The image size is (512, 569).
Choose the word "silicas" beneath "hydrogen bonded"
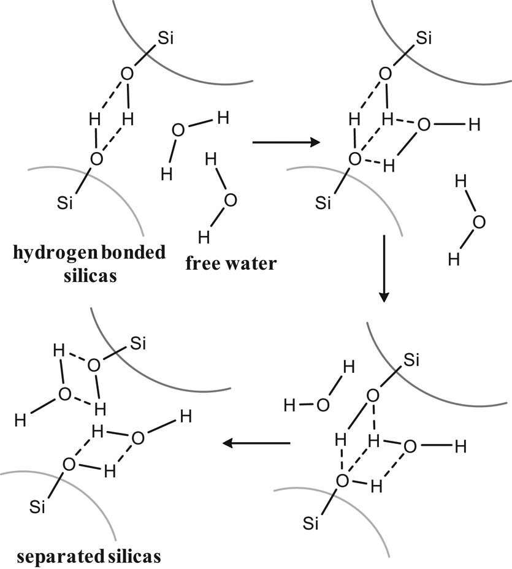[x=90, y=275]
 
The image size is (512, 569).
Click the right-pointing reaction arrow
[x=286, y=142]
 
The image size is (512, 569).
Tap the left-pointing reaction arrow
[x=256, y=443]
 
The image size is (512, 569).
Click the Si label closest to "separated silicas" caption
[x=37, y=507]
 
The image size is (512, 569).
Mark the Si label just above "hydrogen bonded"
[x=64, y=203]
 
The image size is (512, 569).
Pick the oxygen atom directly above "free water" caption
[x=230, y=200]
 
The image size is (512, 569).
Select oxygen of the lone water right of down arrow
[x=479, y=222]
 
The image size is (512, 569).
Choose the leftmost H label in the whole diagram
[x=20, y=421]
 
